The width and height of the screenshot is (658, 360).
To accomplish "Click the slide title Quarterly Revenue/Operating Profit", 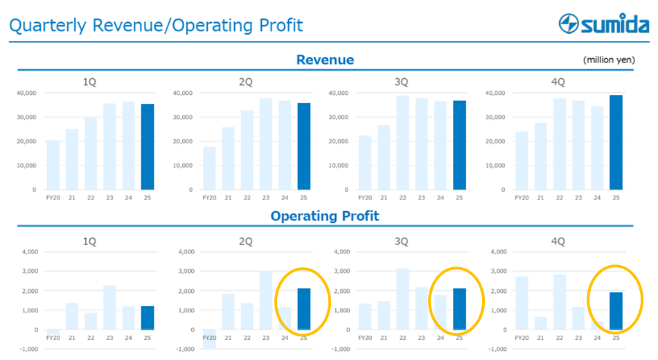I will (156, 26).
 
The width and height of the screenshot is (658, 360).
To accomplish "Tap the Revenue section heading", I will (325, 60).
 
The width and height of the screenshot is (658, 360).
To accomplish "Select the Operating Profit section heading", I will (325, 216).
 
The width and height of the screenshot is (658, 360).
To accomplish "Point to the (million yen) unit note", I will (609, 60).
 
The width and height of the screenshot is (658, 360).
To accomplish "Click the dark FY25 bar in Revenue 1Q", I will (148, 147).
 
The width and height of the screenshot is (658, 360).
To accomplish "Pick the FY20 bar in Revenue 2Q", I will (209, 168).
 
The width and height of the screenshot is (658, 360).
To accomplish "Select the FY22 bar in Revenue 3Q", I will (402, 143).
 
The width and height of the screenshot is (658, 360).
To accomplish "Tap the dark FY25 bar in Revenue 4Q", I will (616, 142).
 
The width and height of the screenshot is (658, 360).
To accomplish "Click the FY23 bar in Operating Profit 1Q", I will (109, 307).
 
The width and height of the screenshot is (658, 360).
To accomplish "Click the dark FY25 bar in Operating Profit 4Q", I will (616, 311).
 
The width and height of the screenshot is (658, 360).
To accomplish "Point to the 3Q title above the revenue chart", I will (402, 82).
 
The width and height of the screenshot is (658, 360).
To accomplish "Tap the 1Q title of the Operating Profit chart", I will (90, 242).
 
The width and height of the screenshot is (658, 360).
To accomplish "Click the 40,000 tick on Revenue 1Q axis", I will (26, 93).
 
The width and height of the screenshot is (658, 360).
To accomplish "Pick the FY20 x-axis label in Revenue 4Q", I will (521, 197).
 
